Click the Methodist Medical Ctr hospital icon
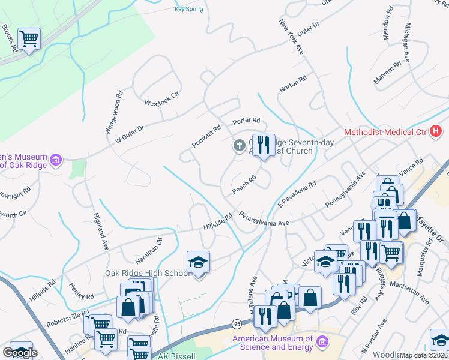point(435,131)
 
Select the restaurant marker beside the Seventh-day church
point(263,145)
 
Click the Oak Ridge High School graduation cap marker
point(198,263)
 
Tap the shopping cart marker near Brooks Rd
point(29,40)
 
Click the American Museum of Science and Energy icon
point(322,341)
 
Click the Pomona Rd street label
point(207,137)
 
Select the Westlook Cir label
point(162,98)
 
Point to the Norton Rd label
point(293,84)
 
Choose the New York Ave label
point(291,36)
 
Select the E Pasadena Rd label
point(296,197)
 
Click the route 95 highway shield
point(235,325)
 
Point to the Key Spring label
point(188,9)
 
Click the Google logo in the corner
point(20,353)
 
